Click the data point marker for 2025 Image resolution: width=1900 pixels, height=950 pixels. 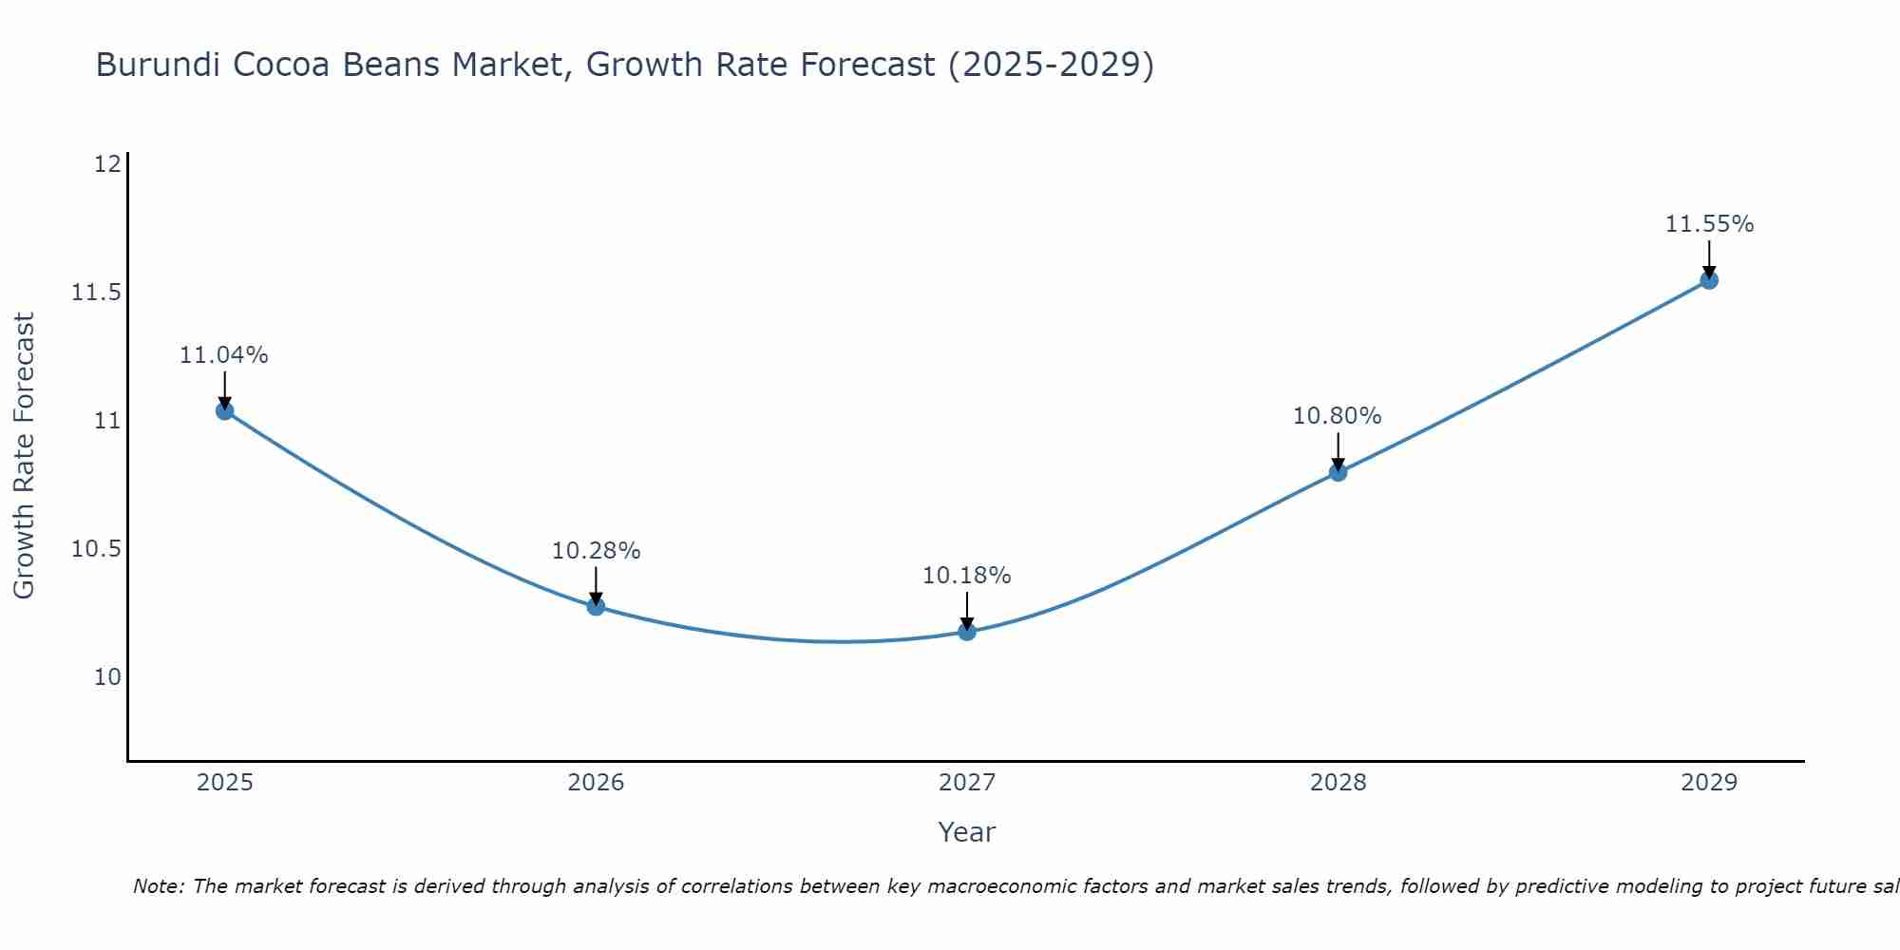225,410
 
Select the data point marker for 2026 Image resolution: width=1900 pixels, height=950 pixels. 596,606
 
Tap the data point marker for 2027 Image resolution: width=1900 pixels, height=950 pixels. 967,632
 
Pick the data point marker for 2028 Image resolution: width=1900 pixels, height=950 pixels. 1338,472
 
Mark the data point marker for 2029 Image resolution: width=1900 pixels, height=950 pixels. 1709,280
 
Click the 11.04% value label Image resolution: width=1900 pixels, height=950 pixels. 224,355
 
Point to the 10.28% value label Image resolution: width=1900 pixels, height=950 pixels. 597,551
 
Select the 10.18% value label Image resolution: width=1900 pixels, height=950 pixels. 967,576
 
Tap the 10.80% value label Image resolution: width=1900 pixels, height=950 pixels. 1338,416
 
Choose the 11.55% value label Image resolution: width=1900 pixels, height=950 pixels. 1710,224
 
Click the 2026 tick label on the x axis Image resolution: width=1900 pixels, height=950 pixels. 596,783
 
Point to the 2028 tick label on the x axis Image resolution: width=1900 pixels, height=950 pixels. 1338,783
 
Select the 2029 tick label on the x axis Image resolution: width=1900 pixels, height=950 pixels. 1709,783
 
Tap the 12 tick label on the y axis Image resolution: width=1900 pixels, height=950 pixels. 107,164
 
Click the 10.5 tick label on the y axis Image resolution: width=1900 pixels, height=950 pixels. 97,549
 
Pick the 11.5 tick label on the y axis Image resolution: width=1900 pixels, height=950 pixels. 97,293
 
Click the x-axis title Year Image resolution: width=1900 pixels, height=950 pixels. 967,832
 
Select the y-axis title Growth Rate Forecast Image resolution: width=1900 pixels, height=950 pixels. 25,456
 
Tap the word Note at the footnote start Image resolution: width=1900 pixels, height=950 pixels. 158,886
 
